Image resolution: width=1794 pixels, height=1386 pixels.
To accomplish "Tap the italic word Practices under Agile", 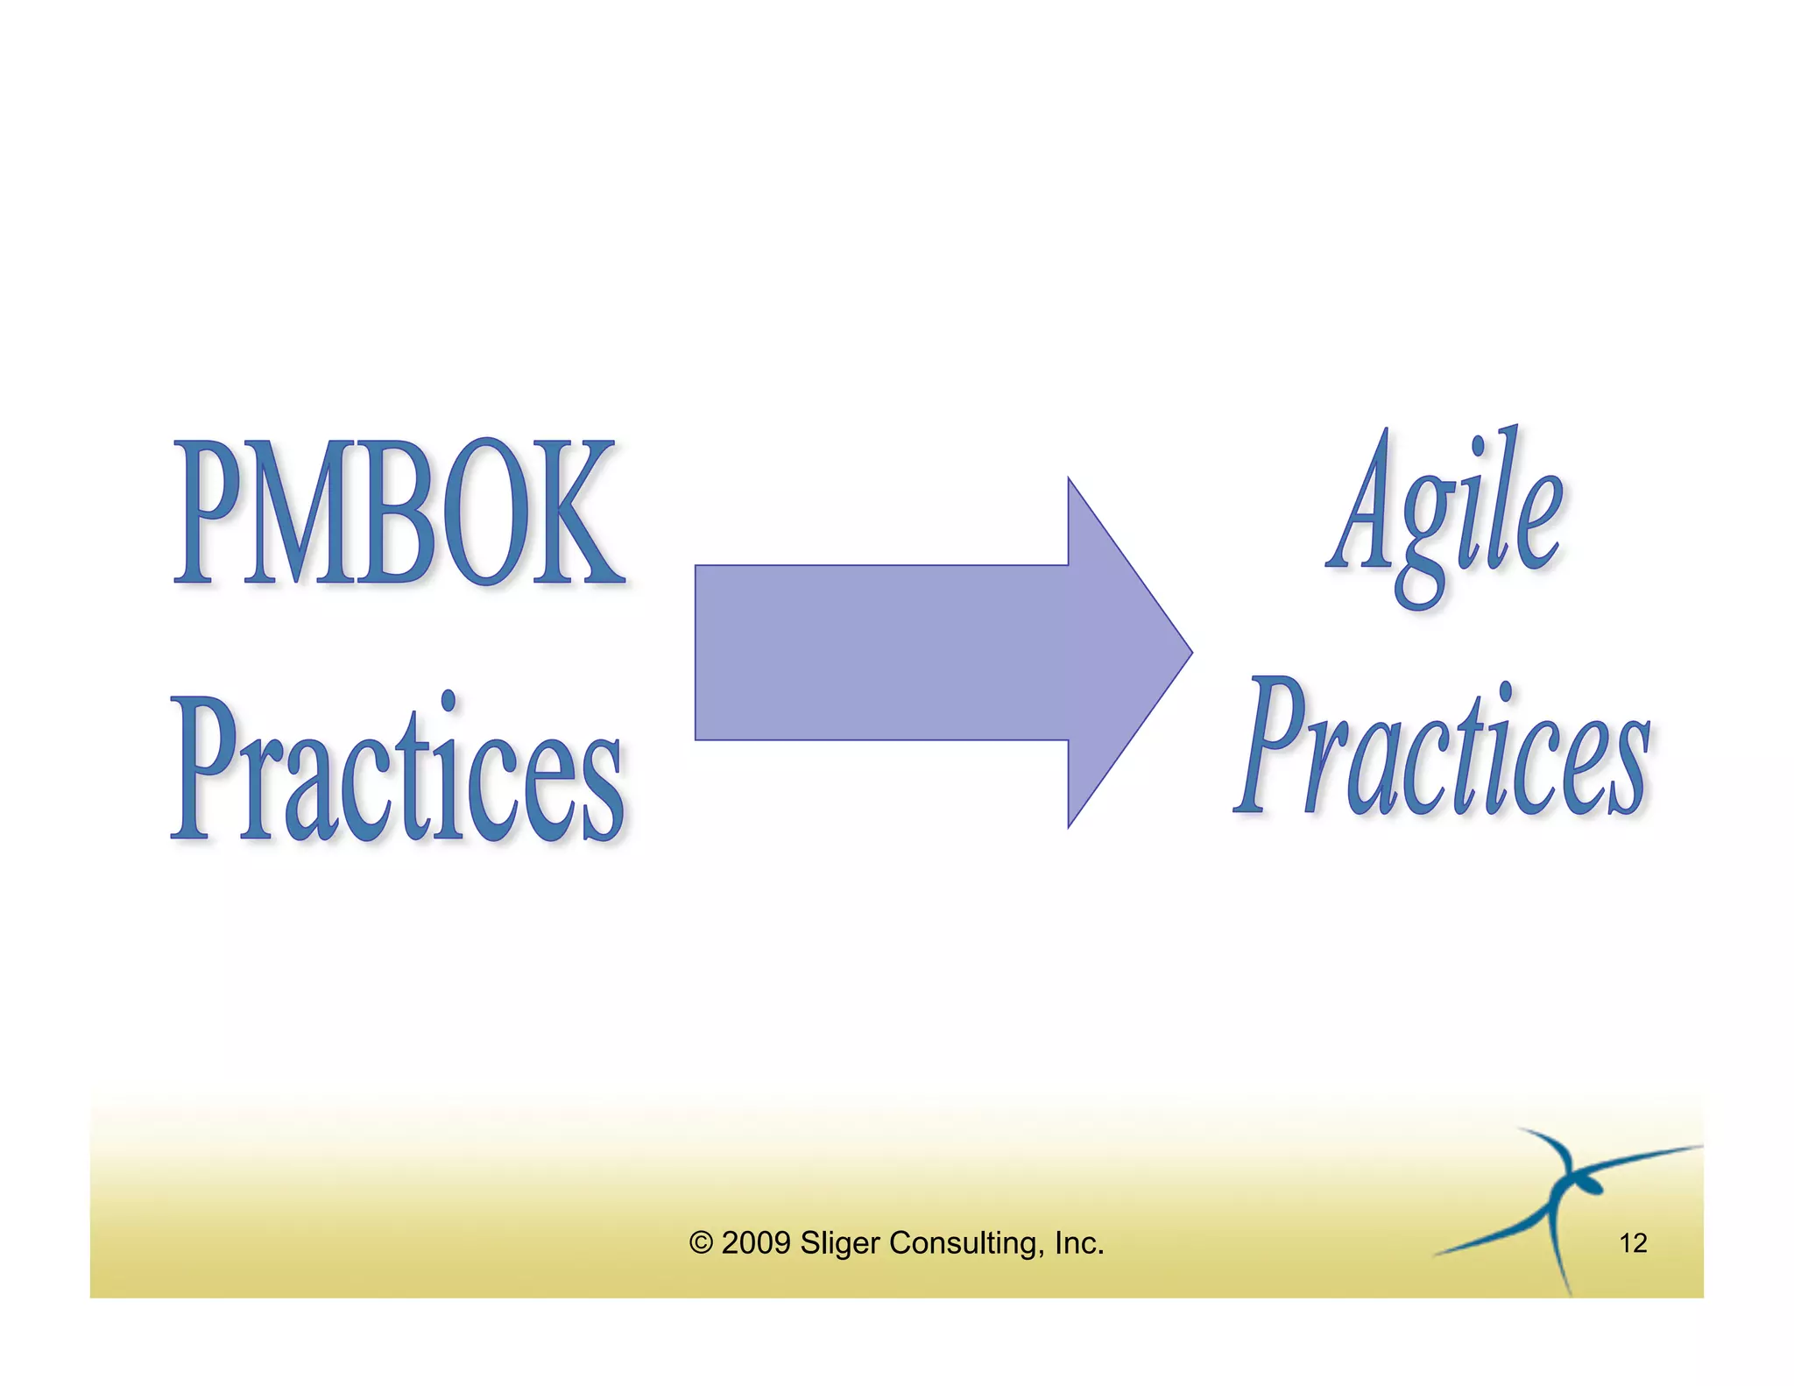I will pos(1444,749).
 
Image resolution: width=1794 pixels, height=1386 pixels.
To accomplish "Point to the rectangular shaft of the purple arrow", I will pos(880,652).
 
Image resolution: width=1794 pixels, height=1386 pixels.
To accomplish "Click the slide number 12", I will pos(1633,1243).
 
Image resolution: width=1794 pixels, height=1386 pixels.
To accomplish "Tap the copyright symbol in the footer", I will pos(701,1243).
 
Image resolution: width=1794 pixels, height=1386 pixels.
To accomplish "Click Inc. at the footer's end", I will pos(1078,1243).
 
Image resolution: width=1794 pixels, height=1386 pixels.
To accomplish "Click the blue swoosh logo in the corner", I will pos(1564,1200).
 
